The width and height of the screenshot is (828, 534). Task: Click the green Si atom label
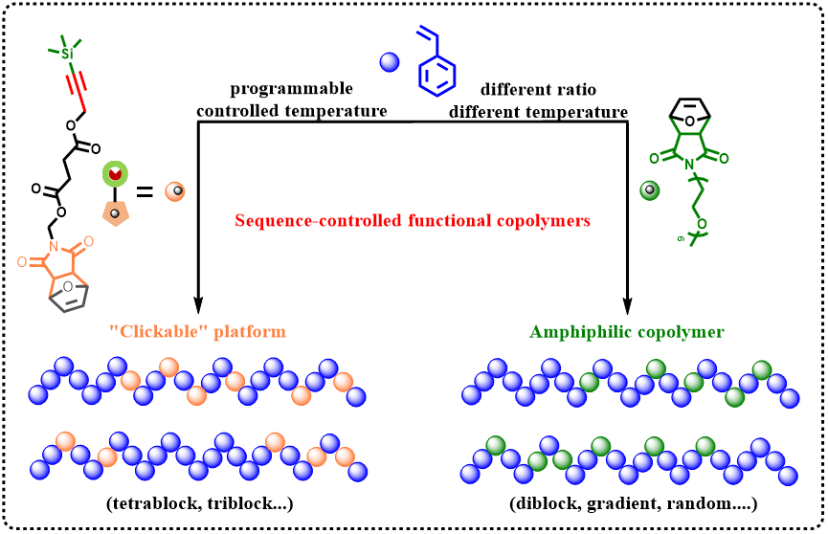pyautogui.click(x=66, y=55)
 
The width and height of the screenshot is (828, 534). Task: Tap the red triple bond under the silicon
pyautogui.click(x=77, y=88)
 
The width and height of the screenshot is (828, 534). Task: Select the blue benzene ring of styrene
pyautogui.click(x=437, y=76)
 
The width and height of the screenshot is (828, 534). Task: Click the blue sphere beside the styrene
pyautogui.click(x=390, y=62)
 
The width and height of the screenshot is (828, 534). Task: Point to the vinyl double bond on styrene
pyautogui.click(x=428, y=36)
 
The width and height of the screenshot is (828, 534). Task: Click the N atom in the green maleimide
pyautogui.click(x=689, y=165)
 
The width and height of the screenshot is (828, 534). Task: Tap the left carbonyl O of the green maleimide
pyautogui.click(x=655, y=159)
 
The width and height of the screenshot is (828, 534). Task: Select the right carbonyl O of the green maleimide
pyautogui.click(x=725, y=159)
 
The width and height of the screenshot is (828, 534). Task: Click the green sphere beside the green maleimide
pyautogui.click(x=650, y=189)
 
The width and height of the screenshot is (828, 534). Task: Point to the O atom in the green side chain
pyautogui.click(x=703, y=223)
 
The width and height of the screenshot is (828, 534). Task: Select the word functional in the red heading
pyautogui.click(x=449, y=221)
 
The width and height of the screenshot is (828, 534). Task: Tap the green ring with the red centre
pyautogui.click(x=116, y=174)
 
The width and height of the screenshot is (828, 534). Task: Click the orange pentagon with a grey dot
pyautogui.click(x=115, y=212)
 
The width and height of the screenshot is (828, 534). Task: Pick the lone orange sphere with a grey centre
pyautogui.click(x=175, y=191)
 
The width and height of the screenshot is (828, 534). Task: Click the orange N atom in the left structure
pyautogui.click(x=54, y=245)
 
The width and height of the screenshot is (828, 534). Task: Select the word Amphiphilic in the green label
pyautogui.click(x=577, y=332)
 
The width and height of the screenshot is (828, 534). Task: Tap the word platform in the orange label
pyautogui.click(x=249, y=332)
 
